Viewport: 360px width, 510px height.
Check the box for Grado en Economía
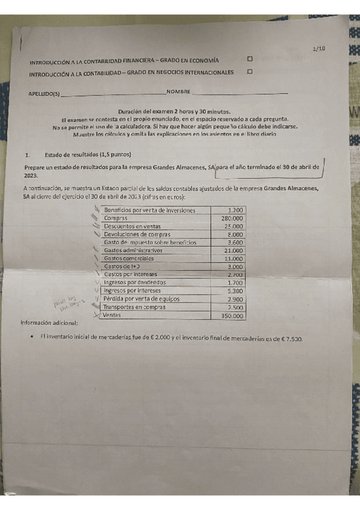tap(249, 59)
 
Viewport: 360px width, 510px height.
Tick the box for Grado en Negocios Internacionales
tap(249, 72)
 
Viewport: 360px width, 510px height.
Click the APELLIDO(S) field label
tap(44, 94)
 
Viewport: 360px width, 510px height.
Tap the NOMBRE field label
tap(178, 92)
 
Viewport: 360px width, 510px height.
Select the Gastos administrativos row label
tap(133, 250)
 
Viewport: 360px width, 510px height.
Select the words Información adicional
tap(49, 322)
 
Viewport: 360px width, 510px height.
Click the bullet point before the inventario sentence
tap(30, 338)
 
